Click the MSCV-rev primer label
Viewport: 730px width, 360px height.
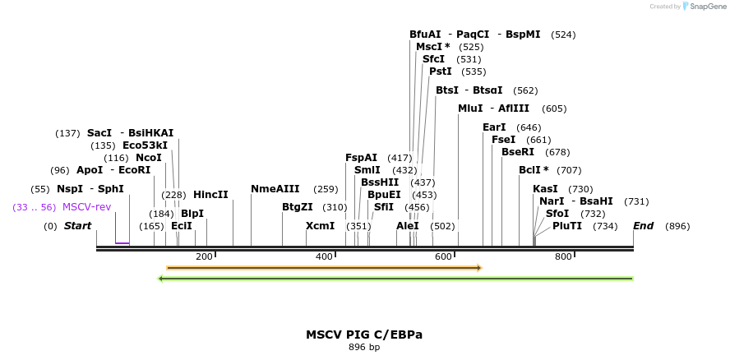[86, 207]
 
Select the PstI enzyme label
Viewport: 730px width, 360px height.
[441, 72]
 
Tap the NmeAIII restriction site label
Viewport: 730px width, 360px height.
[275, 189]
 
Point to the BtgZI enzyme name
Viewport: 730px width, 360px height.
[298, 207]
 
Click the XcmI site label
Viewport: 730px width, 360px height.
[321, 226]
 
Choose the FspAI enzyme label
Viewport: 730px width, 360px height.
[362, 158]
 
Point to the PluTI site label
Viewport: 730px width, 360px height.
[567, 226]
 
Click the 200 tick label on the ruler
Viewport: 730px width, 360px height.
[204, 257]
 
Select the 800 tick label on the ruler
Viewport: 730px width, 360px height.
[563, 257]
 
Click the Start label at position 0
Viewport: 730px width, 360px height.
[78, 226]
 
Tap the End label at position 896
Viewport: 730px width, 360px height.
[644, 226]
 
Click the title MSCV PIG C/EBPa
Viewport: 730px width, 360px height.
[364, 335]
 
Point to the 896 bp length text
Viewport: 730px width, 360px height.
[364, 348]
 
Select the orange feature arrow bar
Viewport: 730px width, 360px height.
[323, 268]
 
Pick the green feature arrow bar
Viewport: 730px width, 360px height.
[395, 279]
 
